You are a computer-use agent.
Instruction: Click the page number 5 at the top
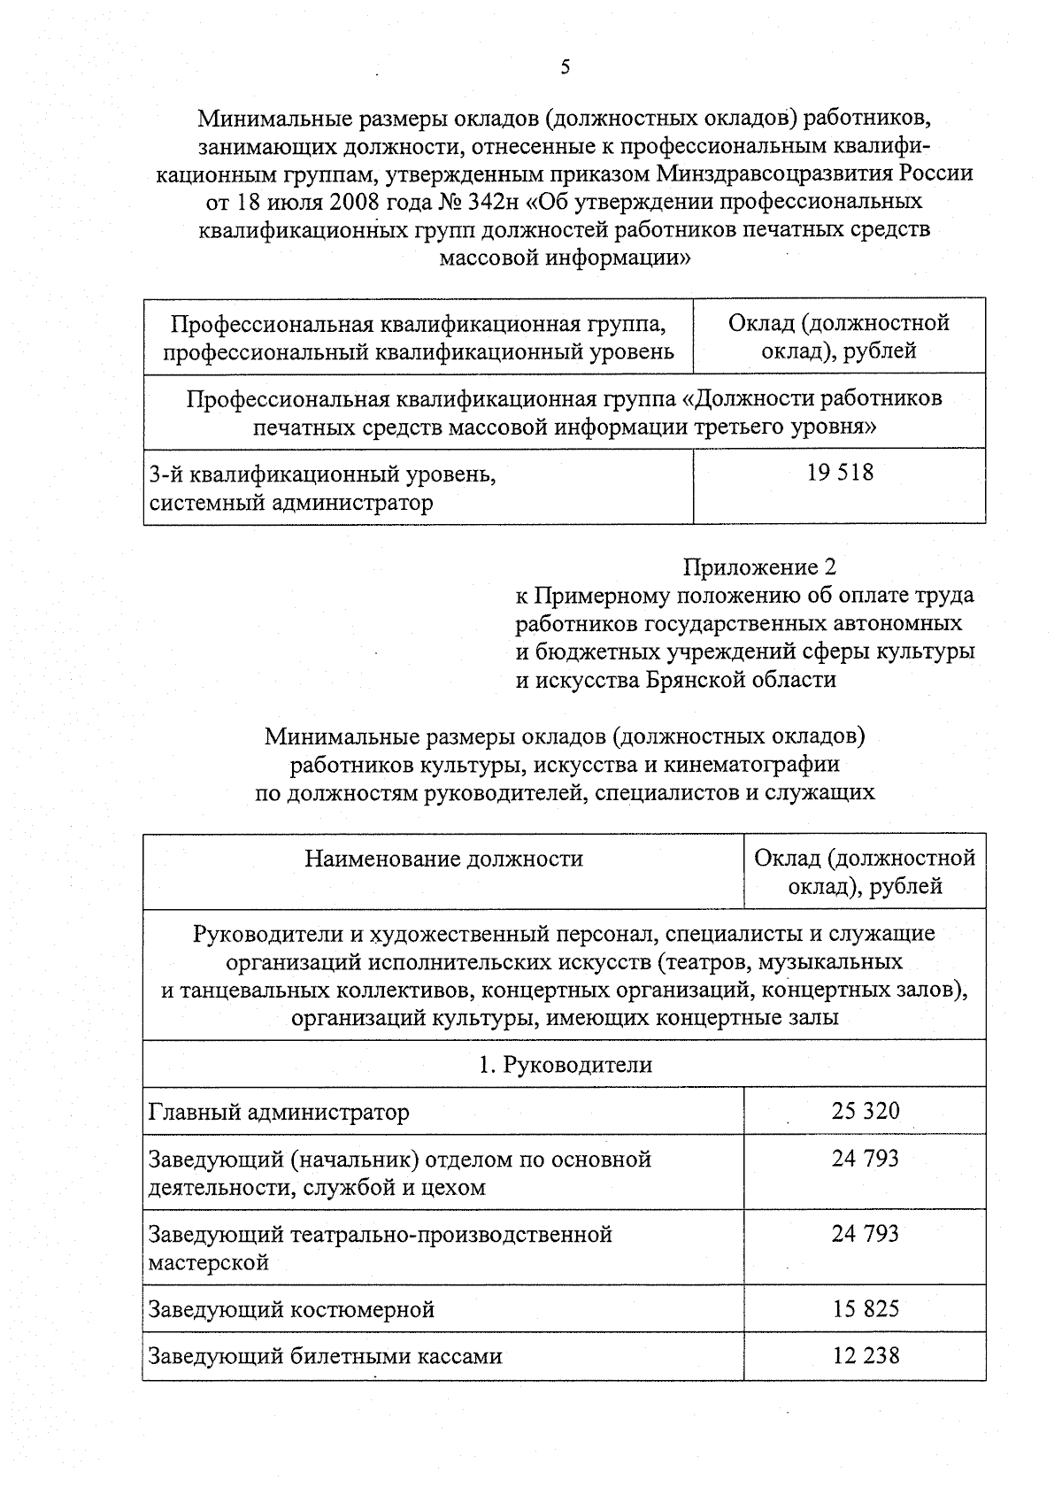click(x=565, y=68)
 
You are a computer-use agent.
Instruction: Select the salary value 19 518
click(x=839, y=473)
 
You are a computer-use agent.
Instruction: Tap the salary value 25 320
click(x=865, y=1110)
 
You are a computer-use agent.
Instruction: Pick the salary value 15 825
click(x=865, y=1307)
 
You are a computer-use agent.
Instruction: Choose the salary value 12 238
click(x=865, y=1354)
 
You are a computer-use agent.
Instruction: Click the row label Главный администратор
click(x=279, y=1112)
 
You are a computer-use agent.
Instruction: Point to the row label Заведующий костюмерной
click(x=291, y=1309)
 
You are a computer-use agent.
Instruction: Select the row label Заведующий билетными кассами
click(x=325, y=1356)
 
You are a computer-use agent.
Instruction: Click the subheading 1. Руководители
click(x=565, y=1064)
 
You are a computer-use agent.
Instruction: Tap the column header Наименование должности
click(x=443, y=858)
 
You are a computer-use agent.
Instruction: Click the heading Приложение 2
click(x=759, y=566)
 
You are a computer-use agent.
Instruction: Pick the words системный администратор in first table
click(x=291, y=504)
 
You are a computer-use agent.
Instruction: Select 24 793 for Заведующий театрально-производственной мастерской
click(x=865, y=1233)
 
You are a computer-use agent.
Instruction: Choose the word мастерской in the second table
click(x=209, y=1262)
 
